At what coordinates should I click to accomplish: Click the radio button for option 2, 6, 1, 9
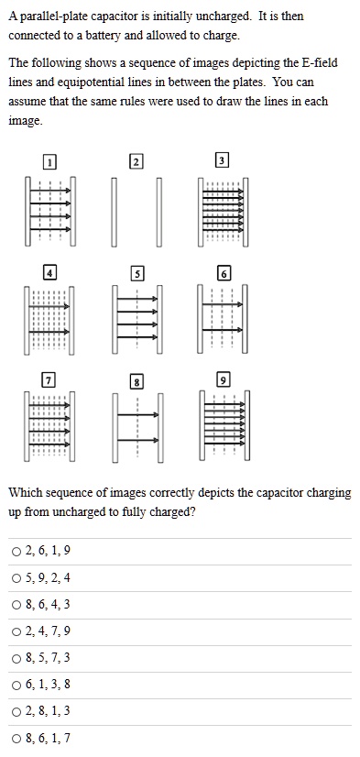tap(16, 551)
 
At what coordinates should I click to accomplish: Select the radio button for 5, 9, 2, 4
tap(16, 577)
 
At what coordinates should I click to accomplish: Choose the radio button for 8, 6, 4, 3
tap(16, 605)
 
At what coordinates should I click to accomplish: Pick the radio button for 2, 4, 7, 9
tap(16, 631)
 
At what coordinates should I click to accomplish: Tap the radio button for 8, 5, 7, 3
tap(16, 658)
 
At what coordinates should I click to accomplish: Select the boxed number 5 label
tap(137, 273)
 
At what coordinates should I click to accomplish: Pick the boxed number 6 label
tap(224, 273)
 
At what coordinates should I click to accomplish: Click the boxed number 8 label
tap(137, 381)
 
